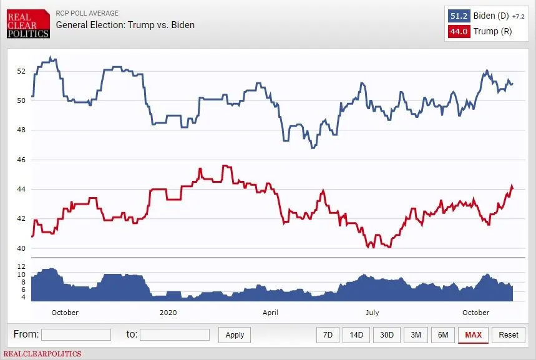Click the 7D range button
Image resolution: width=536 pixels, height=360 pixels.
(328, 335)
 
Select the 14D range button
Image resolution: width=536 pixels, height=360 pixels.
(356, 335)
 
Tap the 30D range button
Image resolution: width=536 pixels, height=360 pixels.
(387, 335)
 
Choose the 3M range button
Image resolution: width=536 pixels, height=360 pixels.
(416, 335)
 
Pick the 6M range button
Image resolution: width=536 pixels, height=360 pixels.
(443, 335)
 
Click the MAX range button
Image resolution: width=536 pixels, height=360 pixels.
(473, 335)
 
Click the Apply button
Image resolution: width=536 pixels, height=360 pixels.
(235, 335)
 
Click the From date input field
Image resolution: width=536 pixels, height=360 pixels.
(76, 335)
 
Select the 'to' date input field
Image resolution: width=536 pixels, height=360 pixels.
(175, 335)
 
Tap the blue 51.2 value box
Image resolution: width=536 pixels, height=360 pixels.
(459, 16)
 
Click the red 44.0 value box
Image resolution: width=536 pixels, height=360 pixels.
(459, 31)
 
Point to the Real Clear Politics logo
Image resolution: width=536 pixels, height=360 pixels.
(28, 24)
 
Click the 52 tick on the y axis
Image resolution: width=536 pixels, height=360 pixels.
(21, 71)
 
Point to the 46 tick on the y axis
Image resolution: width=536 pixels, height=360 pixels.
(21, 160)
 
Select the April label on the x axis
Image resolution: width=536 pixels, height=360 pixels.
(270, 312)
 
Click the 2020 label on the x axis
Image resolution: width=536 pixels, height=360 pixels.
(168, 312)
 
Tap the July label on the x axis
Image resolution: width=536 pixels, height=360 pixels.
(372, 312)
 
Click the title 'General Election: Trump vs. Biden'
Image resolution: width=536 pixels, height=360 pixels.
(125, 25)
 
